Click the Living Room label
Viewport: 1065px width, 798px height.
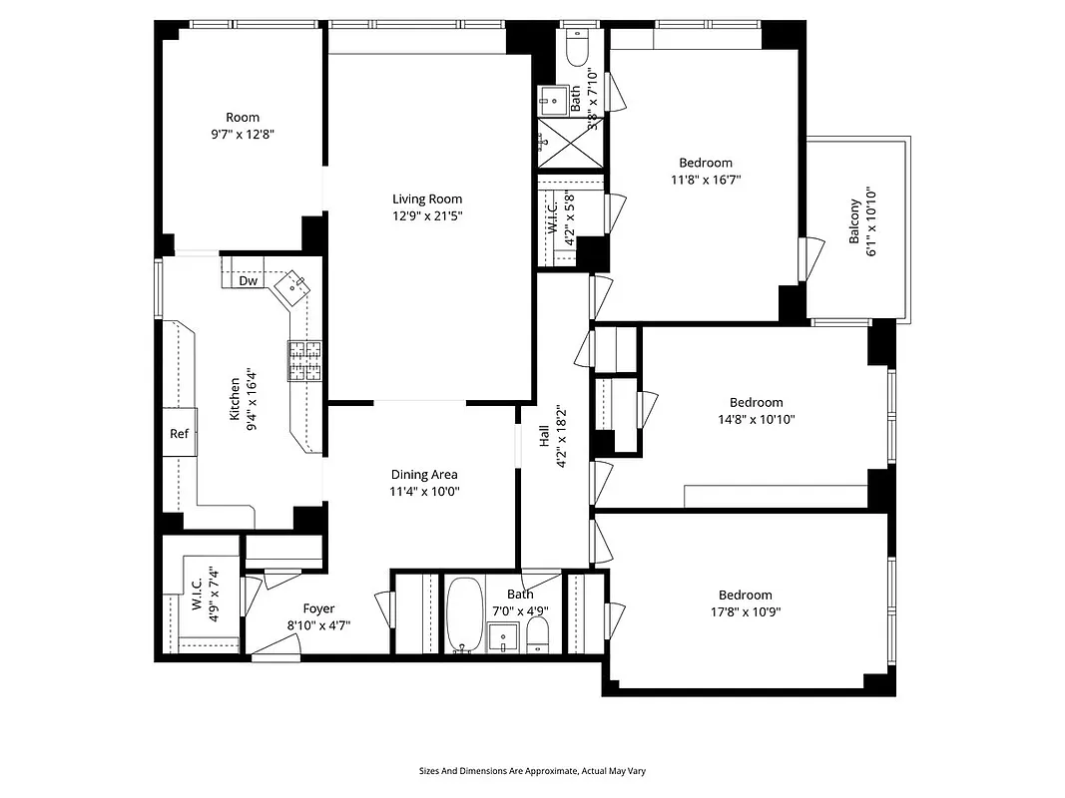coord(426,199)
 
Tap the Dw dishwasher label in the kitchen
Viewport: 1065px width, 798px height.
coord(249,281)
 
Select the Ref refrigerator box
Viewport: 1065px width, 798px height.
coord(180,434)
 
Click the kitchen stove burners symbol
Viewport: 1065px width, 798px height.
coord(306,361)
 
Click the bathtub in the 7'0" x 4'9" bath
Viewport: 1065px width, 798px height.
coord(461,613)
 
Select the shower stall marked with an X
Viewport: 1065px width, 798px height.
coord(570,144)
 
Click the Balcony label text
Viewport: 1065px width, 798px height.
coord(854,222)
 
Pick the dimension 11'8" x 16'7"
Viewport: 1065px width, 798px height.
coord(706,180)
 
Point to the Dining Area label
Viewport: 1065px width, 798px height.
coord(424,475)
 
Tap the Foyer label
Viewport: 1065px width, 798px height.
coord(318,608)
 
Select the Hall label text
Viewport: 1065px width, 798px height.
coord(544,436)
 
